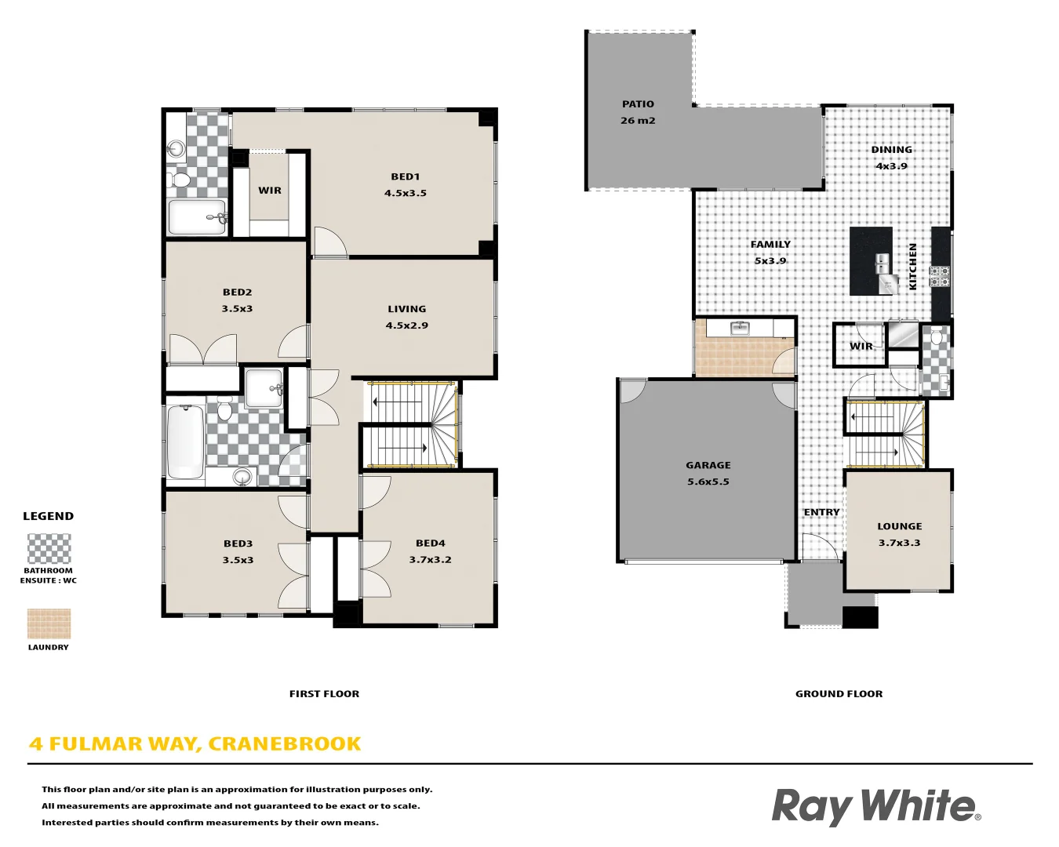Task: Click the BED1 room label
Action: click(406, 176)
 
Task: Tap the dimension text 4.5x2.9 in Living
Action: click(406, 325)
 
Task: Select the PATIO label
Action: click(638, 104)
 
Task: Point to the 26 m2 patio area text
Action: click(638, 121)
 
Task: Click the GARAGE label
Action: click(708, 465)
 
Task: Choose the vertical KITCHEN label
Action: click(912, 267)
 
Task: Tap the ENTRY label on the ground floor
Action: click(821, 512)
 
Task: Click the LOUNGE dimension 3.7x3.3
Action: click(899, 543)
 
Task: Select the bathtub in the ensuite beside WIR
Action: click(197, 217)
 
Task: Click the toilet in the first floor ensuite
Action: click(180, 180)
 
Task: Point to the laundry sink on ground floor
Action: click(740, 328)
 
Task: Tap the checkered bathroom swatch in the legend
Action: click(49, 548)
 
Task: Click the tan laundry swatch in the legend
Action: click(49, 624)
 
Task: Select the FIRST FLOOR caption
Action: click(324, 694)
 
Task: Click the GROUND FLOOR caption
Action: click(839, 694)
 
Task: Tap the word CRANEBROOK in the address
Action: click(285, 743)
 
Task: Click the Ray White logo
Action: click(875, 806)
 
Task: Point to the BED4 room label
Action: click(430, 543)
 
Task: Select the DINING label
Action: click(891, 150)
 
